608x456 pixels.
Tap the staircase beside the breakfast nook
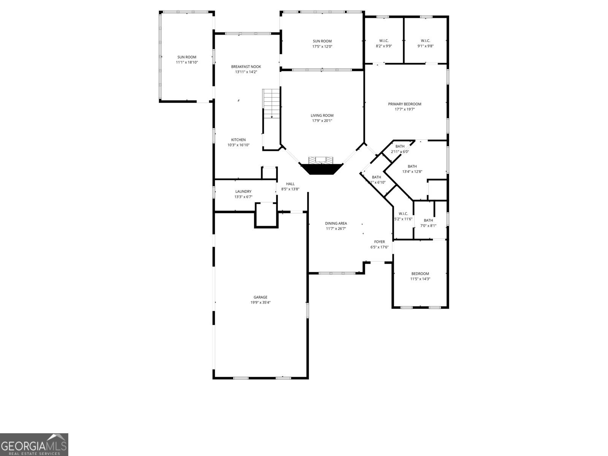click(x=271, y=103)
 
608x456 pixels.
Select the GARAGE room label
click(x=261, y=297)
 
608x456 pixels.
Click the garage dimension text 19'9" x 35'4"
click(x=261, y=303)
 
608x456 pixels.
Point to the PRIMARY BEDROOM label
click(x=404, y=104)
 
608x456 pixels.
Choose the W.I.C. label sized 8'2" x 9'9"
click(x=384, y=41)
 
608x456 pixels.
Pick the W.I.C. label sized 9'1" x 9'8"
click(x=425, y=41)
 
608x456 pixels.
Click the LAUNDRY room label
click(x=243, y=192)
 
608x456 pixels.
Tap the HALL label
click(x=290, y=184)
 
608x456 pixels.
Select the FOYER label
click(x=379, y=242)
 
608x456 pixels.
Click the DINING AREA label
click(x=336, y=223)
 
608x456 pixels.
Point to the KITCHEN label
click(x=239, y=140)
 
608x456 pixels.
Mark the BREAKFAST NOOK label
click(x=246, y=66)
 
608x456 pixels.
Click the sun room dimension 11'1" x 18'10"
click(x=187, y=62)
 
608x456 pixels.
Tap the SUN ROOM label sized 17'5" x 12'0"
click(x=322, y=41)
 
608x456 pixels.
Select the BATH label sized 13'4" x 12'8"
click(x=412, y=166)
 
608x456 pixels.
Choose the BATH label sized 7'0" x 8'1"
click(x=428, y=220)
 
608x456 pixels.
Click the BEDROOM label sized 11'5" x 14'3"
click(x=420, y=274)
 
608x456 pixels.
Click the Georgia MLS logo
click(x=34, y=445)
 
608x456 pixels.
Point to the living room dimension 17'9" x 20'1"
click(x=322, y=121)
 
